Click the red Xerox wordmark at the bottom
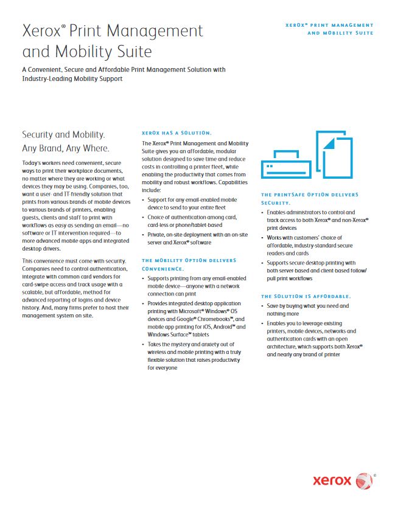[332, 480]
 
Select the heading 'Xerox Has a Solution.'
[177, 133]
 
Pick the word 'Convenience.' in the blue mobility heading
[163, 268]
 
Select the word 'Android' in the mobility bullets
[219, 327]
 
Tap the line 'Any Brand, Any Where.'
[66, 148]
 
